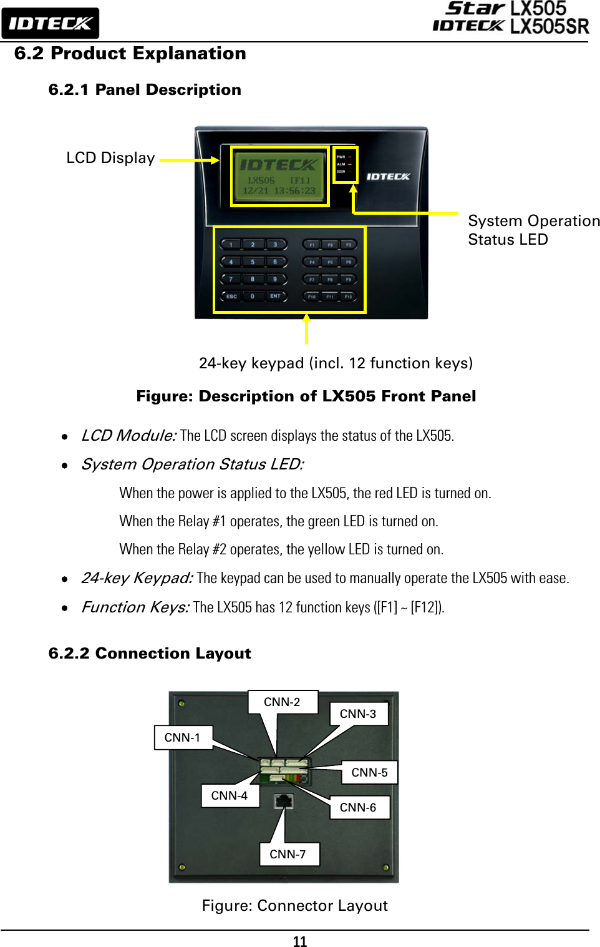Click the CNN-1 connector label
183,737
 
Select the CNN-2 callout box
283,702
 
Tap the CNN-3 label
358,714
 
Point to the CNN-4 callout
230,795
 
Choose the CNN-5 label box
369,772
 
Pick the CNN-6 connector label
359,807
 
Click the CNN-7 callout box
288,854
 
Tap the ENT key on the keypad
275,296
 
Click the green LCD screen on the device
279,177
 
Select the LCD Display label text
110,158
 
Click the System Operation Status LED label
533,230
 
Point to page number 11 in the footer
300,941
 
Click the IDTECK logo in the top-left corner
50,24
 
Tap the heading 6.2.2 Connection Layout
150,653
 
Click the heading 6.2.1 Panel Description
145,90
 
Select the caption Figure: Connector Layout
294,905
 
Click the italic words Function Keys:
135,607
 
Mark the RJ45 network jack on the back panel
284,800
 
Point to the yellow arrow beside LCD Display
189,160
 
